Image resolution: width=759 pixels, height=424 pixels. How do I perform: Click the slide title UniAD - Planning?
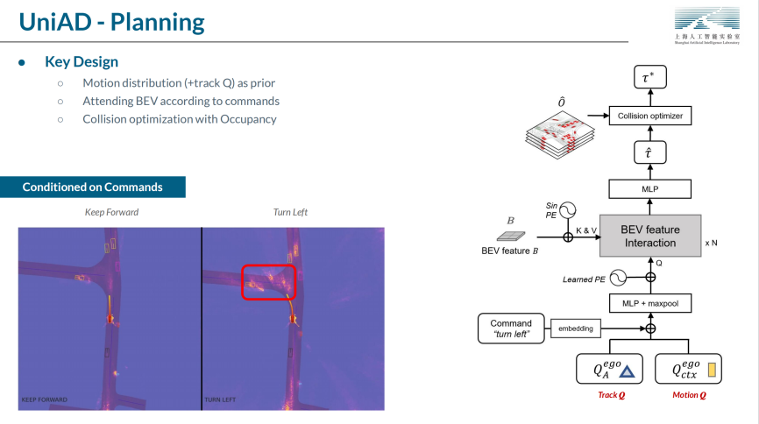tap(111, 21)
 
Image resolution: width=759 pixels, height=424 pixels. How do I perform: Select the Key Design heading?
tap(82, 62)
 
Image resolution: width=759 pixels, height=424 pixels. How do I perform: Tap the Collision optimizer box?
tap(649, 116)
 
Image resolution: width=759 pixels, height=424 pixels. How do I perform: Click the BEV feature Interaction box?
tap(649, 236)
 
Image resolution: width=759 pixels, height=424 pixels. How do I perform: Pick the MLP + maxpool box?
tap(649, 302)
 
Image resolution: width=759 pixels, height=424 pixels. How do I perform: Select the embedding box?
tap(575, 329)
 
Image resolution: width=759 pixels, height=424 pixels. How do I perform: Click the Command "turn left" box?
tap(511, 329)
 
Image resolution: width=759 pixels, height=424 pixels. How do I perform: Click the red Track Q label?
tap(612, 395)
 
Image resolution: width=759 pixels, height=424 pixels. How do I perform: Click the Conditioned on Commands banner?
tap(93, 187)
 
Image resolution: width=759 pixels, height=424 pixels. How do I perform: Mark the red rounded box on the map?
tap(269, 281)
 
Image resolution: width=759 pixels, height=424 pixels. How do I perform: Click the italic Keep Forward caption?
tap(111, 212)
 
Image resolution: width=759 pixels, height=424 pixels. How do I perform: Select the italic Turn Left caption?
tap(290, 212)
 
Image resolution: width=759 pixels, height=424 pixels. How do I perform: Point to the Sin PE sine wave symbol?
tap(568, 210)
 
